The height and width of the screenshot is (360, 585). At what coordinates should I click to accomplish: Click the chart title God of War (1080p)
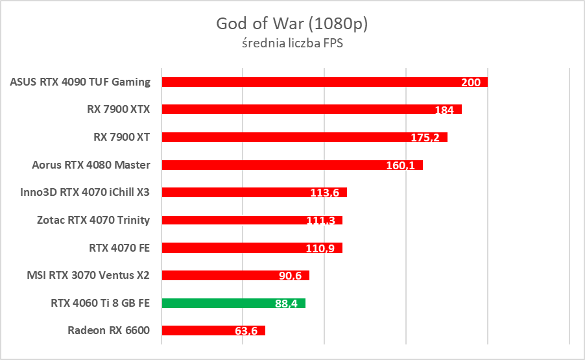[292, 24]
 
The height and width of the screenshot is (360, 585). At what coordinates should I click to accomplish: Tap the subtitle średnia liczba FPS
[292, 45]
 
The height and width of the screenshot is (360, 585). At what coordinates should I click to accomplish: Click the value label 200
[471, 82]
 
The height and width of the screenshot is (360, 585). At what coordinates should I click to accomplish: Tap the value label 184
[444, 110]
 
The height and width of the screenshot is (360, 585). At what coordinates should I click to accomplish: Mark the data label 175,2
[425, 138]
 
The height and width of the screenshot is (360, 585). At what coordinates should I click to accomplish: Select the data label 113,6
[325, 193]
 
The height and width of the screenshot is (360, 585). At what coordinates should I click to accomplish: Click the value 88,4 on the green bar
[287, 304]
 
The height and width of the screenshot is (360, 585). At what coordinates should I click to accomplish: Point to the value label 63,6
[246, 331]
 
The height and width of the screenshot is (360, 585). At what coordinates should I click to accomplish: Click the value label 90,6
[291, 276]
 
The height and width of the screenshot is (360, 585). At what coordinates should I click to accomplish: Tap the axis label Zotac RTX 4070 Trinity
[93, 220]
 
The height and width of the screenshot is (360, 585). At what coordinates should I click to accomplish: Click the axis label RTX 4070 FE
[119, 247]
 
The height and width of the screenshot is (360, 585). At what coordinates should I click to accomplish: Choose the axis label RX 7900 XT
[122, 137]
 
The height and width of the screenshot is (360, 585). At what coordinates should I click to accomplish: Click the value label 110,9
[320, 248]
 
